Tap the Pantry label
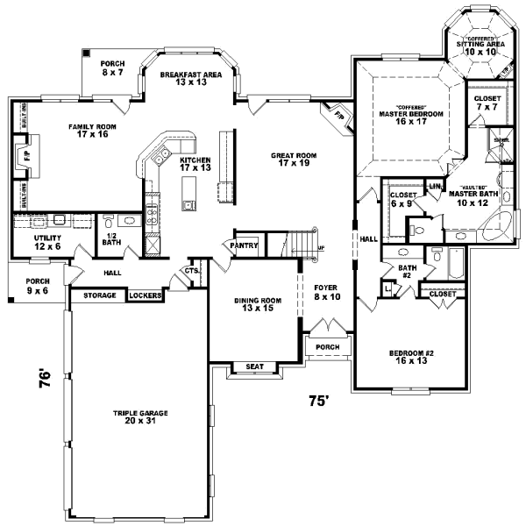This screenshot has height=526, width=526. pyautogui.click(x=245, y=246)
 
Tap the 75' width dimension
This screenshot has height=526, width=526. pyautogui.click(x=318, y=402)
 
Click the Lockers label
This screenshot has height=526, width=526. pyautogui.click(x=145, y=296)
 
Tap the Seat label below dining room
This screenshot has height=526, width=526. pyautogui.click(x=255, y=367)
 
